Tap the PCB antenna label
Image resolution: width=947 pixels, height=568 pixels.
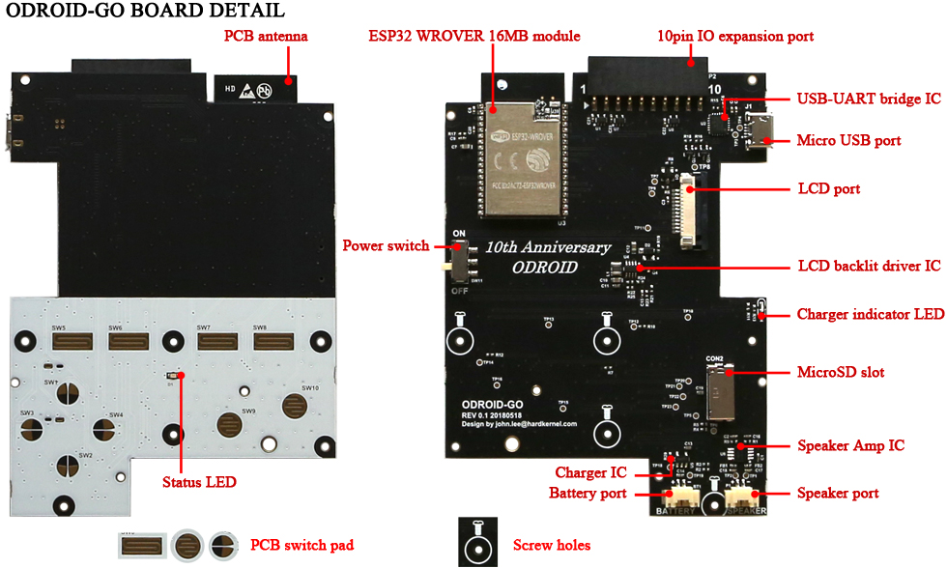point(266,37)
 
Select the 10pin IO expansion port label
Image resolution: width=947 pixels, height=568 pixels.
point(734,37)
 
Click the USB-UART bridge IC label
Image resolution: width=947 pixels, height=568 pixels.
point(868,99)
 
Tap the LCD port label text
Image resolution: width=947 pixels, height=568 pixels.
point(828,188)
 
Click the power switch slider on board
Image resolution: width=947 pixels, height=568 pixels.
point(459,260)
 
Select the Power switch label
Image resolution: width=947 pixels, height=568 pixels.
point(386,245)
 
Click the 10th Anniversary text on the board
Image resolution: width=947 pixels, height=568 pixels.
point(548,247)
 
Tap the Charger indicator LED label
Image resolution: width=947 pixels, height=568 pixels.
point(870,314)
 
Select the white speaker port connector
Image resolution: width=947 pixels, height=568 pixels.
point(744,497)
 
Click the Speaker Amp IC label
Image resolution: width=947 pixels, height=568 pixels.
point(850,445)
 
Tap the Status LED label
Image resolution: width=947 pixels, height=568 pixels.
point(199,481)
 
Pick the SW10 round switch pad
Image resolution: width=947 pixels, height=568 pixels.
point(295,406)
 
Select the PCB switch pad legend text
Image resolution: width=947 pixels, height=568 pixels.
point(301,545)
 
